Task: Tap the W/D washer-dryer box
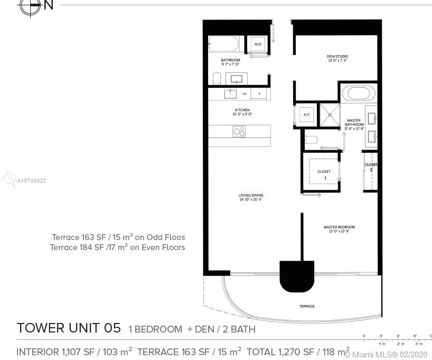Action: (x=258, y=44)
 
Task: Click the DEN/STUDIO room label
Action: (x=337, y=58)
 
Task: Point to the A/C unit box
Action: (x=306, y=115)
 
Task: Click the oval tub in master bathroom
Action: (x=359, y=94)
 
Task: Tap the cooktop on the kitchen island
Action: (x=239, y=131)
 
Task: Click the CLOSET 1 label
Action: (x=324, y=174)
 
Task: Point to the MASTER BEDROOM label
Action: (x=339, y=228)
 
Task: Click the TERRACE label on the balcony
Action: (x=307, y=306)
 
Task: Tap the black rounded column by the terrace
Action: (x=296, y=276)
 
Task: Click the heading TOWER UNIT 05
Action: (x=69, y=328)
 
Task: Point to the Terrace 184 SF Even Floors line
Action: (x=117, y=247)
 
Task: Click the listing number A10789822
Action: (x=32, y=181)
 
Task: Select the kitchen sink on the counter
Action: (x=230, y=94)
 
